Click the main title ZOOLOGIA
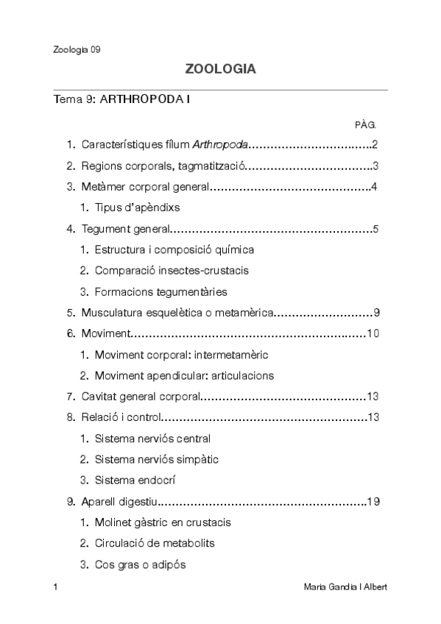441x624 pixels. [220, 70]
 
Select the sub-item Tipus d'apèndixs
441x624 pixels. [137, 207]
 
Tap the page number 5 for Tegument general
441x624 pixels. [375, 229]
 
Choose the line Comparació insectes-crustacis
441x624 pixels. [172, 270]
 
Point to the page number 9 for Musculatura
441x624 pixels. [375, 313]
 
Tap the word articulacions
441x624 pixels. [242, 375]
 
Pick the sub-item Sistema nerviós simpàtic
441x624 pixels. [156, 459]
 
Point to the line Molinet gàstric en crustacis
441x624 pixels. [163, 522]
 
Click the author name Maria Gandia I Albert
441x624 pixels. [345, 587]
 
